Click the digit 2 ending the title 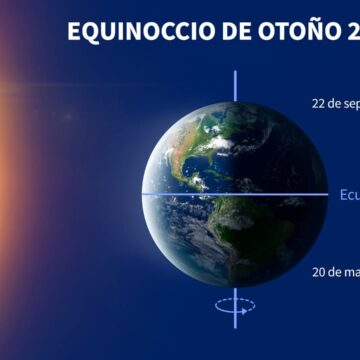coord(351,31)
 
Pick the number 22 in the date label coord(320,103)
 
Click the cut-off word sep coord(349,103)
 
